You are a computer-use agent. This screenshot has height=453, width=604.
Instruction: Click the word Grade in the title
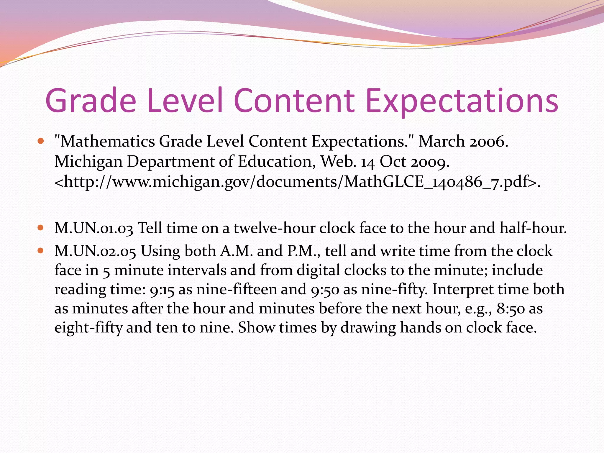coord(91,101)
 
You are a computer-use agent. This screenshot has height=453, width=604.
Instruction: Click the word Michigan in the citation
coord(88,162)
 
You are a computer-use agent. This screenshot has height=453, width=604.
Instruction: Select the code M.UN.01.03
coord(94,228)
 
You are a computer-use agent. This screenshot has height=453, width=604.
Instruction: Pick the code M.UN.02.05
coord(95,251)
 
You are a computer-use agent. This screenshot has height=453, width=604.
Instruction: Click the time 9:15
coord(162,290)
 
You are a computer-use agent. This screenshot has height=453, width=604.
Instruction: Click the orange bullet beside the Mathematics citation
coord(41,141)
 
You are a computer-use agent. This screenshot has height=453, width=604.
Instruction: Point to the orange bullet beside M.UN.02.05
coord(41,251)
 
